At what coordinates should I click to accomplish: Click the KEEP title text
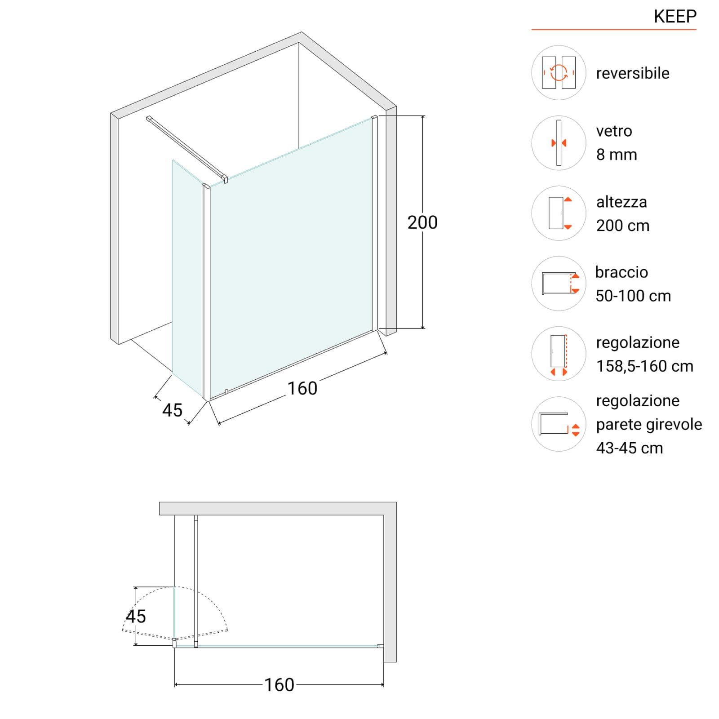675,16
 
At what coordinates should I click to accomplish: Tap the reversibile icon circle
559,72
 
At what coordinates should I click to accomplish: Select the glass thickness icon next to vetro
559,143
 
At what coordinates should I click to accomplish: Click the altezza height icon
559,213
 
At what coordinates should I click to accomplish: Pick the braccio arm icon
559,284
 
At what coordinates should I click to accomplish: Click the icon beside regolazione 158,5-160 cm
559,354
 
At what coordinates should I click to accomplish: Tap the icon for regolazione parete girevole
559,424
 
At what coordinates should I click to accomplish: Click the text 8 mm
617,155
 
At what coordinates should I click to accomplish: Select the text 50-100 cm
633,296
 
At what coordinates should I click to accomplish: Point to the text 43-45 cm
630,448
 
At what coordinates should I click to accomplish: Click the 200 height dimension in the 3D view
422,222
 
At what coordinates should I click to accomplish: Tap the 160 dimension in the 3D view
302,388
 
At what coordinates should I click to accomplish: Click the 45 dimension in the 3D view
173,410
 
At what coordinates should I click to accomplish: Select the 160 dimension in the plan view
279,685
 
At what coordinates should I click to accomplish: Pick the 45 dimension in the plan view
136,617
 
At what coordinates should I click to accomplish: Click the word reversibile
633,73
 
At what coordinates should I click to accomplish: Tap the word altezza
621,202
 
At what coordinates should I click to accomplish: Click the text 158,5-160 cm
645,366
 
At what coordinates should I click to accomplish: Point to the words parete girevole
649,425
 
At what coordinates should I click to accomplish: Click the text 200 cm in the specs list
623,226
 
